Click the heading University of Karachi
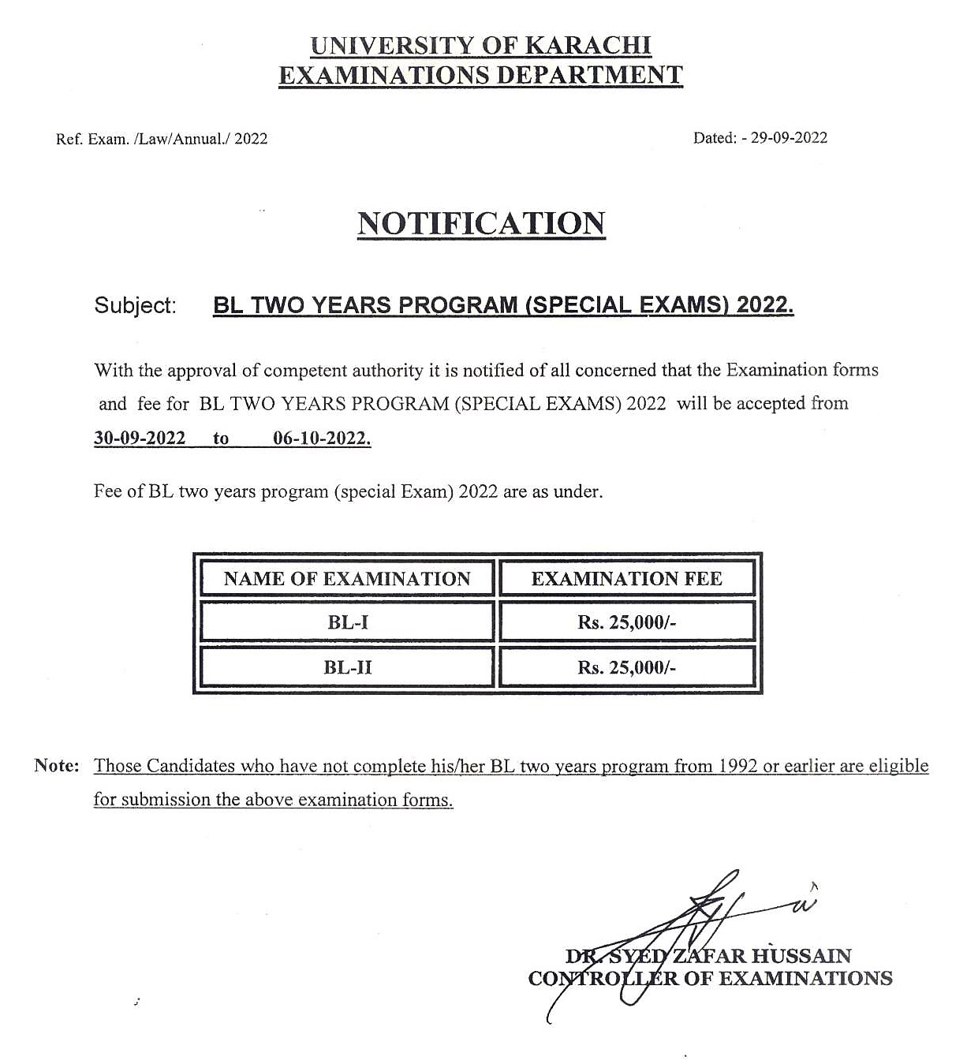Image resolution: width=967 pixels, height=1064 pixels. pyautogui.click(x=481, y=46)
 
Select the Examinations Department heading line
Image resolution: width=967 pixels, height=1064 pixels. pyautogui.click(x=481, y=76)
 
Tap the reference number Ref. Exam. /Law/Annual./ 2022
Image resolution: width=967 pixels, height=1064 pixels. pyautogui.click(x=162, y=139)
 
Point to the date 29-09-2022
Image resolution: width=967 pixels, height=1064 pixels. pyautogui.click(x=789, y=138)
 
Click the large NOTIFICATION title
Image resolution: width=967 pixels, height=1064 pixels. pyautogui.click(x=481, y=224)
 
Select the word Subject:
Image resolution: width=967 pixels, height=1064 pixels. pyautogui.click(x=135, y=306)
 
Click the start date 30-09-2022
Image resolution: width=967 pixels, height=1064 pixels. pyautogui.click(x=140, y=439)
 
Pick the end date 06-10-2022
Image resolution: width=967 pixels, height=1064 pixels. pyautogui.click(x=321, y=439)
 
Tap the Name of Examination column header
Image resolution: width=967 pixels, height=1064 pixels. pyautogui.click(x=347, y=579)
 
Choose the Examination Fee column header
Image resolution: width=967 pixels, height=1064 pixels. pyautogui.click(x=626, y=579)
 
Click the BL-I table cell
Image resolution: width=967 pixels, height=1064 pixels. pyautogui.click(x=347, y=622)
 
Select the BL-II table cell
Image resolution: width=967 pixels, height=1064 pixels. pyautogui.click(x=347, y=667)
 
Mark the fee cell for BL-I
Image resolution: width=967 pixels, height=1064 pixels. pyautogui.click(x=626, y=622)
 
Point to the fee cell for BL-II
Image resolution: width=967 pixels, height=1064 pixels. pyautogui.click(x=626, y=667)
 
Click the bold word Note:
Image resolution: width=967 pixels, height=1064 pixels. pyautogui.click(x=57, y=766)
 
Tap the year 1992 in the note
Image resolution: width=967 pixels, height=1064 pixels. pyautogui.click(x=737, y=766)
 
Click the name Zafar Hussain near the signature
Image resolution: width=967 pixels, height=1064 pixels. pyautogui.click(x=761, y=956)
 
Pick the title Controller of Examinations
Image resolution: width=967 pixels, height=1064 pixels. pyautogui.click(x=710, y=979)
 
